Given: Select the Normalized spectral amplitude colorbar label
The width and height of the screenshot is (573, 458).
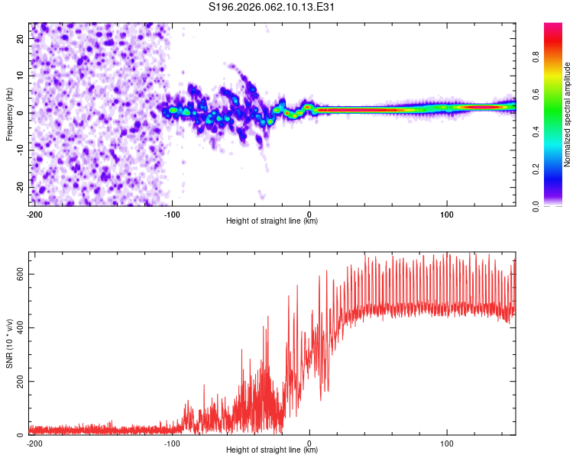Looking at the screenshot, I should coord(567,114).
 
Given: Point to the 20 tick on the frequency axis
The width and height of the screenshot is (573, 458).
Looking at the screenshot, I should coord(21,38).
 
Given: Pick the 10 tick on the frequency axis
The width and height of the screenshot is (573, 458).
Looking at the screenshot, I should coord(21,76).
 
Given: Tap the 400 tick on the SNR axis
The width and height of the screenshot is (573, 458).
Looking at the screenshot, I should coord(18,327).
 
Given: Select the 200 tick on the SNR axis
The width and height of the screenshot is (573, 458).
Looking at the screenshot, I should coord(18,382).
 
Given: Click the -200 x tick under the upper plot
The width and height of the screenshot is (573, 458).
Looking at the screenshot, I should coord(34,214).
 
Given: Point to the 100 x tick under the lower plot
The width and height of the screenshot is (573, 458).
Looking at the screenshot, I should coord(446,443).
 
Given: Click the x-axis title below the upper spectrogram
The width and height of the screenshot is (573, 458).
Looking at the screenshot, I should coord(272,221).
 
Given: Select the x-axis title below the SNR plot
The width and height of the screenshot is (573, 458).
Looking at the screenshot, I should coord(272,450).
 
